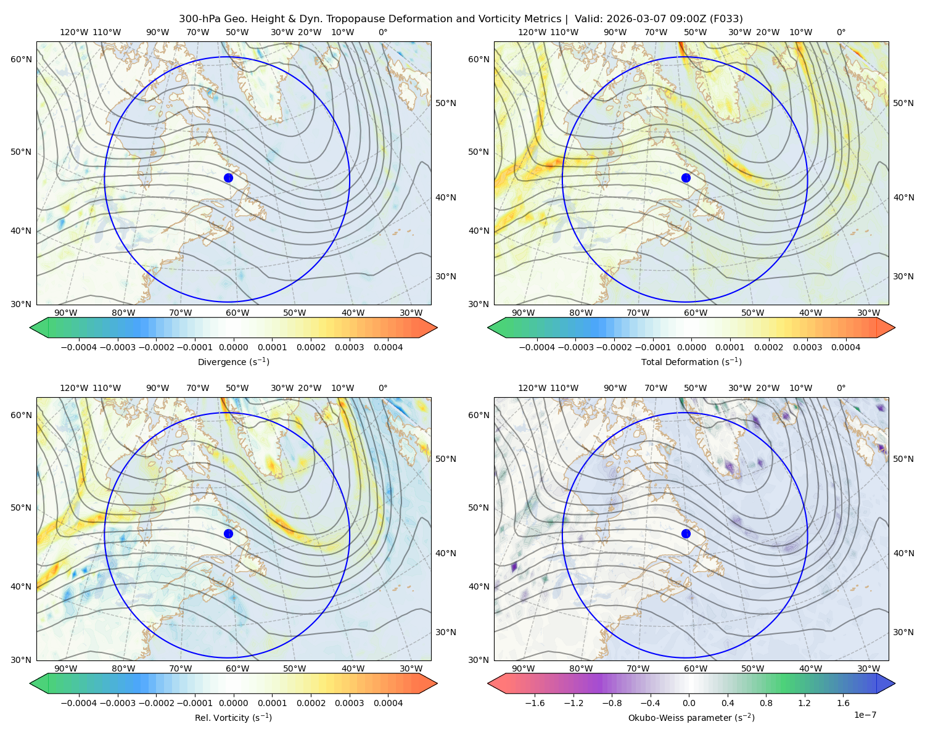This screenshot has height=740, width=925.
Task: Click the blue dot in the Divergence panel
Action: (228, 178)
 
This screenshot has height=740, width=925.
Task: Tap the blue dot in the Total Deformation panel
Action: (686, 178)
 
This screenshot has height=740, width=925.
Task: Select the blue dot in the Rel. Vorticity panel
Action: (228, 533)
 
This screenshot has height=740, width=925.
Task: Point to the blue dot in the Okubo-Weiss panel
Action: (686, 533)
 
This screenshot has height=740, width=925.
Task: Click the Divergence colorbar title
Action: (233, 361)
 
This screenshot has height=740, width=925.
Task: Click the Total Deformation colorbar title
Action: (691, 361)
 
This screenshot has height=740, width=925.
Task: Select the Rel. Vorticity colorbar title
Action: (233, 717)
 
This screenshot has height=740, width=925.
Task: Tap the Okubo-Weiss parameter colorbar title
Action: (691, 717)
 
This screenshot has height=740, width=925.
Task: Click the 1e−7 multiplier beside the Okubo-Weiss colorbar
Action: (865, 715)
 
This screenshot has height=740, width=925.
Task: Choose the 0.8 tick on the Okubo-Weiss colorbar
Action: (766, 702)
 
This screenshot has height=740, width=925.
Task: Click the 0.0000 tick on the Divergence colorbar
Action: (233, 347)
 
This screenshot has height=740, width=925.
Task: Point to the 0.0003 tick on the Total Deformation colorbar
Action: (807, 347)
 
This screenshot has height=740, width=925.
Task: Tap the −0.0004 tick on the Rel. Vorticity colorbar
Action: (79, 702)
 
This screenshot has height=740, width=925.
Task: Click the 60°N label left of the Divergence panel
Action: (21, 59)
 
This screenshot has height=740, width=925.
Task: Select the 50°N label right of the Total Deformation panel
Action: (903, 103)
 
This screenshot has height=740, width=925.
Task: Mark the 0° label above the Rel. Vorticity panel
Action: (383, 388)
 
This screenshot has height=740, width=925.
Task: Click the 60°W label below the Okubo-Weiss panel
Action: (695, 668)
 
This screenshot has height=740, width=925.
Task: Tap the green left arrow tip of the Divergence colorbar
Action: (30, 327)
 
